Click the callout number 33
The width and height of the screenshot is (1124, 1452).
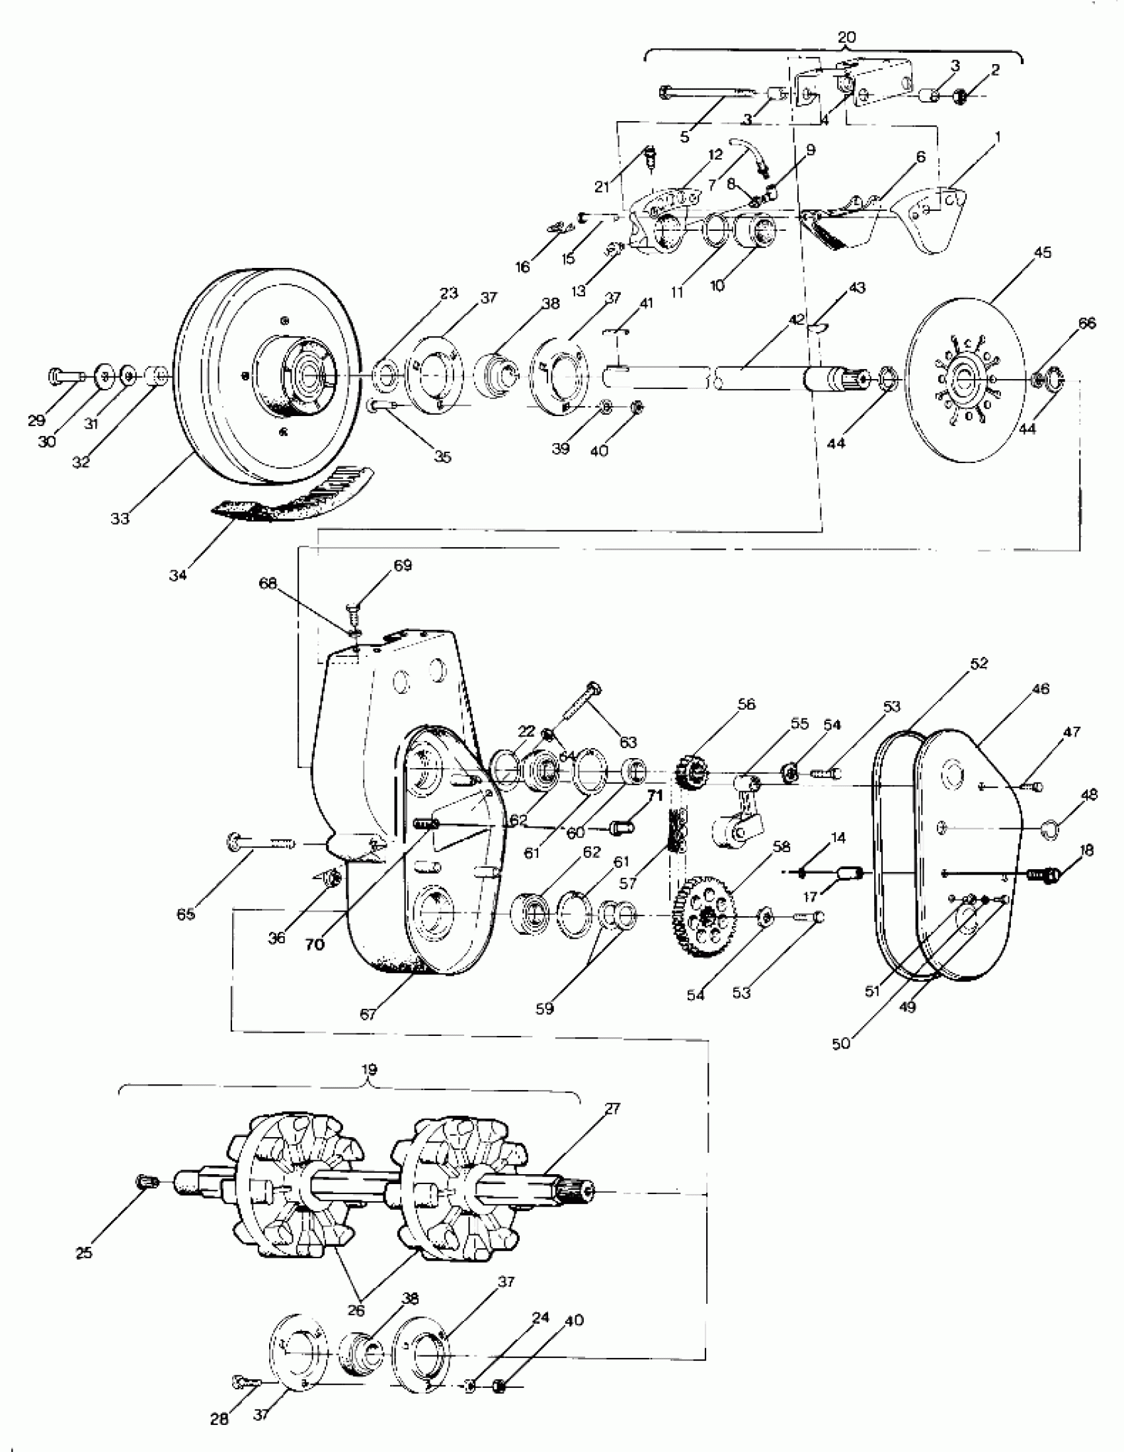(120, 518)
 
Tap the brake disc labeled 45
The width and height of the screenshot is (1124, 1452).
(965, 380)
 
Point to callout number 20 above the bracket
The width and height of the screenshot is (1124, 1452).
(846, 37)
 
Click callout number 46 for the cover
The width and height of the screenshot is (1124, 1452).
(1041, 689)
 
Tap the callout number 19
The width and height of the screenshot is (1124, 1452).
(370, 1070)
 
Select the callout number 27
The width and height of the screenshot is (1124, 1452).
(612, 1108)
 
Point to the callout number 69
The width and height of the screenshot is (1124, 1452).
(403, 565)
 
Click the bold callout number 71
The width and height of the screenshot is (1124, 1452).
(655, 796)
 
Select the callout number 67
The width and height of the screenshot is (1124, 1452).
(368, 1014)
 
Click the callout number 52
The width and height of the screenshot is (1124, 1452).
(979, 663)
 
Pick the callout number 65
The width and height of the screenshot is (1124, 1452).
(185, 914)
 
